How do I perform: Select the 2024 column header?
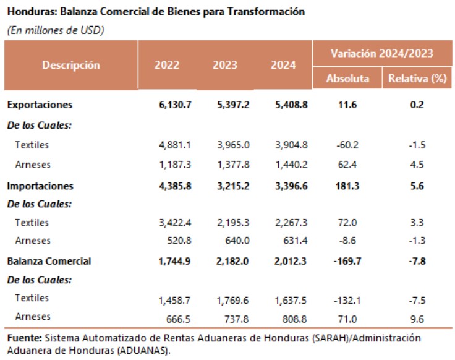pos(284,65)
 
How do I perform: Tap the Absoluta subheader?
pos(348,79)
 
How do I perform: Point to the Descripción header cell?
pos(71,65)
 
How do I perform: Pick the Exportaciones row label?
pos(40,105)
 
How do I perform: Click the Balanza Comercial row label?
pos(49,261)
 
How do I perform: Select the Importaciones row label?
pos(40,186)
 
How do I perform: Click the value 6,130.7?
pos(175,105)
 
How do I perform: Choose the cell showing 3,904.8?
pos(291,145)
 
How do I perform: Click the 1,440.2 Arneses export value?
pos(291,165)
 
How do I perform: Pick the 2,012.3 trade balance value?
pos(291,261)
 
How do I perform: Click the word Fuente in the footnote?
pos(23,338)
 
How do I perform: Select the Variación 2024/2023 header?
pos(381,53)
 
